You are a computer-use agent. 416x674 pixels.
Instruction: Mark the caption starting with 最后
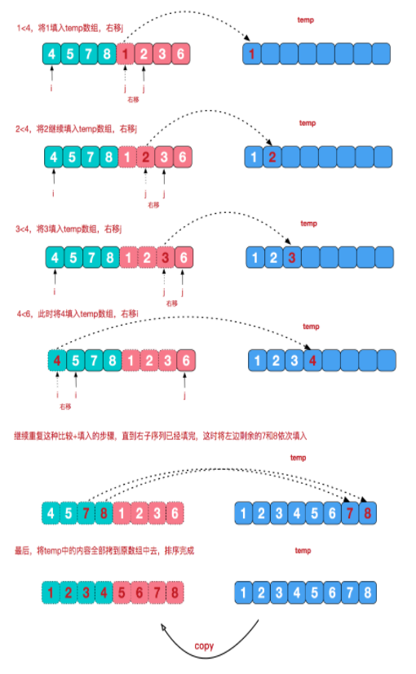(106, 552)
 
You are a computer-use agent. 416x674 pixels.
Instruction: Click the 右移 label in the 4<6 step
(65, 406)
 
